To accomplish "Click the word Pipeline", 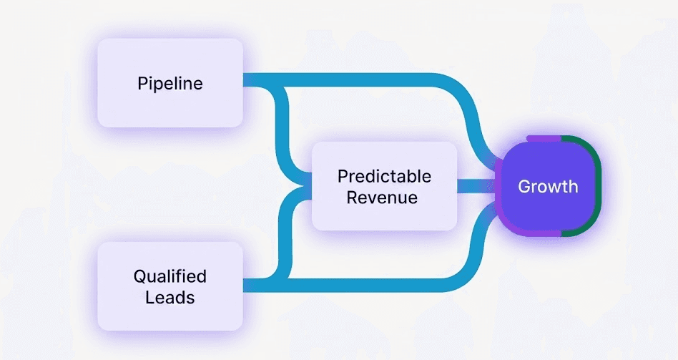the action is (170, 83).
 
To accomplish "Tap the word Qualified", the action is (170, 276).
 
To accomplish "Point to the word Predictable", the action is (384, 176).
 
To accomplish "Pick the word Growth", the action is (548, 186).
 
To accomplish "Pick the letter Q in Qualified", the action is (139, 276).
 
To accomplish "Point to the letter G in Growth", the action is (524, 186).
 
